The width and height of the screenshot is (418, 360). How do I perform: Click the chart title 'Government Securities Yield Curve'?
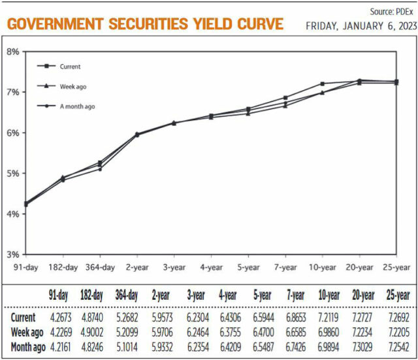tap(145, 24)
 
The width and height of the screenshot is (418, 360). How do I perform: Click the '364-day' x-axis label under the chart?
tap(100, 267)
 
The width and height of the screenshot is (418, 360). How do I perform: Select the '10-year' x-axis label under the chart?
tap(322, 267)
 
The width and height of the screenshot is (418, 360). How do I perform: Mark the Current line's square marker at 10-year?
tap(322, 84)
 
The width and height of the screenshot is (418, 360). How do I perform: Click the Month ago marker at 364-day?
tap(100, 169)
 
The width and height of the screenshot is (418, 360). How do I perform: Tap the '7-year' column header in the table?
tap(294, 295)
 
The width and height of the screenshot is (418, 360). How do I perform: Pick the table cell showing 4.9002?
tap(92, 333)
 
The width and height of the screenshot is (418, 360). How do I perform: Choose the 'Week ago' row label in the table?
tap(27, 333)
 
